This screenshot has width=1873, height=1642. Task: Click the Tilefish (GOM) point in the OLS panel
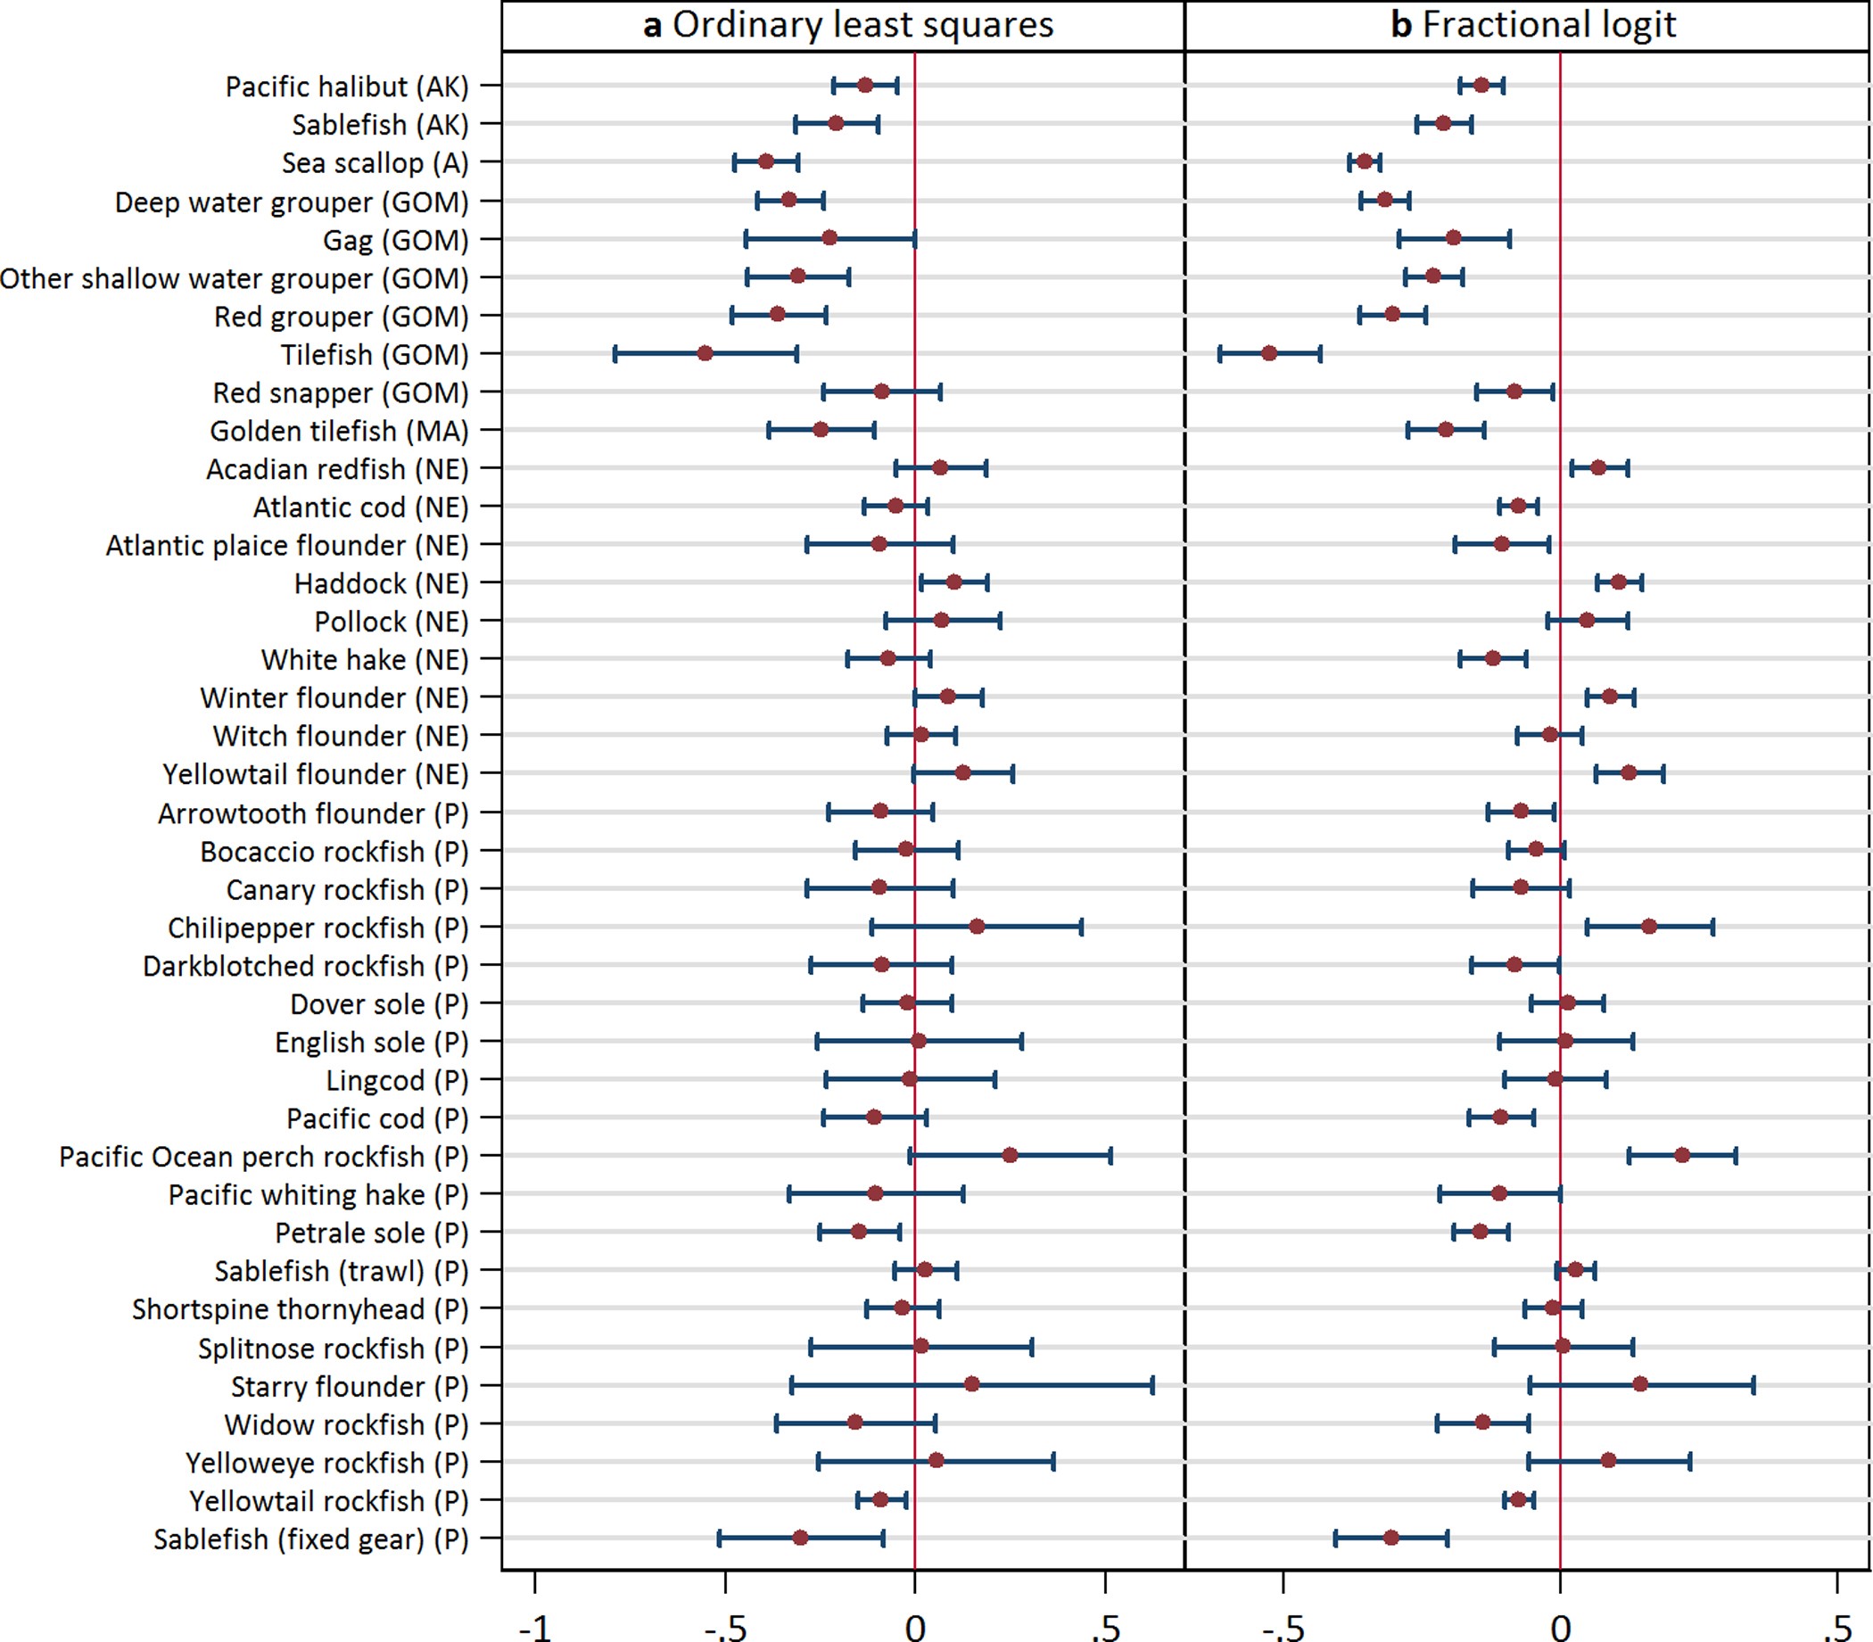[x=705, y=354]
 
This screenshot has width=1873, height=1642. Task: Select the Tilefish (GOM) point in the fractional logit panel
[x=1269, y=354]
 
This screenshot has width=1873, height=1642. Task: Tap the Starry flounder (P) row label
[x=349, y=1386]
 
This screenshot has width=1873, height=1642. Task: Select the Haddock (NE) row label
[x=380, y=583]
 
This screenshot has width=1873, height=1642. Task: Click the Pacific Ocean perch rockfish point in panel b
[x=1682, y=1155]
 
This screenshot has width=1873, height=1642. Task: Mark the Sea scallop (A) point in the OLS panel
[x=766, y=162]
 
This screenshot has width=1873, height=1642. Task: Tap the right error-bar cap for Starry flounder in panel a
[x=1151, y=1384]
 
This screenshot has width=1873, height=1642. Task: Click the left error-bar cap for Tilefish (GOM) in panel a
[x=615, y=354]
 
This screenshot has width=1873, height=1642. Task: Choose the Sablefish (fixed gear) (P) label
[x=310, y=1539]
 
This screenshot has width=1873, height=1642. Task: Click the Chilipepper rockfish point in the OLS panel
[x=977, y=927]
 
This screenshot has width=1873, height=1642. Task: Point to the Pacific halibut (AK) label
[x=346, y=87]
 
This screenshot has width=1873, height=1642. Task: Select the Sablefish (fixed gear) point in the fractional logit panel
[x=1391, y=1538]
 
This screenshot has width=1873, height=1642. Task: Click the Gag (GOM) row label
[x=395, y=240]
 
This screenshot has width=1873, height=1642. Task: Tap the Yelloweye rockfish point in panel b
[x=1608, y=1461]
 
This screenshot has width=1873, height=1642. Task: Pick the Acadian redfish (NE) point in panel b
[x=1598, y=468]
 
